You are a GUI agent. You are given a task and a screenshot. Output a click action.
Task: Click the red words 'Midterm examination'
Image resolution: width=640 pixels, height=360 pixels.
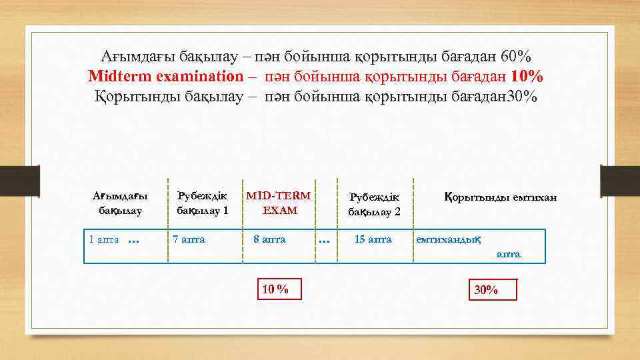(166, 75)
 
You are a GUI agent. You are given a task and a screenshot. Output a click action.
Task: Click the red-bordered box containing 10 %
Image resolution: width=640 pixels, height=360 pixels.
(275, 289)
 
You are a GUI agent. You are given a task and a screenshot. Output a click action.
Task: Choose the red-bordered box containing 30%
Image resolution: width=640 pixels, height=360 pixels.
(493, 289)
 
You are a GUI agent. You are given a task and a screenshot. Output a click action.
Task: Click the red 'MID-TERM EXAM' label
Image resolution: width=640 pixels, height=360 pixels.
(279, 203)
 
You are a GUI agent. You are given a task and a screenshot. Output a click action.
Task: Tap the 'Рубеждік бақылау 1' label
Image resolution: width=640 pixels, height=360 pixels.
(202, 203)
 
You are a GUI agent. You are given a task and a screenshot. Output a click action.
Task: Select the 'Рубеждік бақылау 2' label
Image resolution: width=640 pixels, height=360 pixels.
(374, 204)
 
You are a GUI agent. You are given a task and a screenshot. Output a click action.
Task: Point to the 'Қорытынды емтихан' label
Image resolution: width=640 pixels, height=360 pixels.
(500, 197)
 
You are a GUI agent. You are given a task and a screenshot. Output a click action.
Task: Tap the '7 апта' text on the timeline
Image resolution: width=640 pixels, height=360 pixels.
(189, 239)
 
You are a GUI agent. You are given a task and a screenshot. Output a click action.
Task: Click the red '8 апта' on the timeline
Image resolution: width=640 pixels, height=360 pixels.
(269, 239)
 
